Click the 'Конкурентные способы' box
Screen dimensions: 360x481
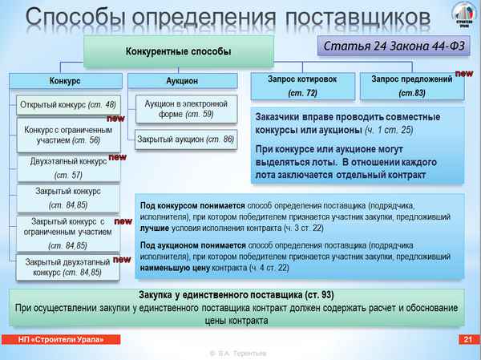178,51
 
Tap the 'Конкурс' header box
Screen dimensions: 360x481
63,81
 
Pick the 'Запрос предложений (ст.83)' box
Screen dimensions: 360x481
413,87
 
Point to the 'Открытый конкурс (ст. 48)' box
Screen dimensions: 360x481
67,105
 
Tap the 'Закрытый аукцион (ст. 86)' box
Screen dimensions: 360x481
186,140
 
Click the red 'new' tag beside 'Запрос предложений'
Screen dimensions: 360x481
463,73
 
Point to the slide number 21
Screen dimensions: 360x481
466,341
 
